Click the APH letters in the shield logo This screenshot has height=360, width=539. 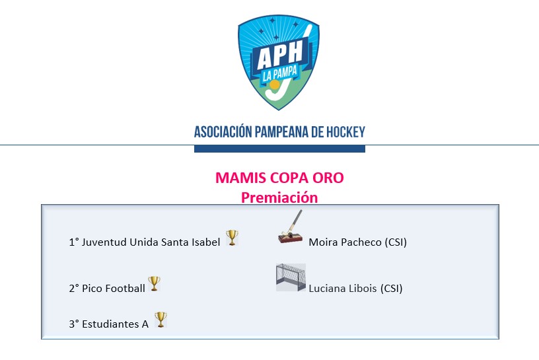pyautogui.click(x=280, y=55)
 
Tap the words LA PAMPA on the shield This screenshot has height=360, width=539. pyautogui.click(x=280, y=74)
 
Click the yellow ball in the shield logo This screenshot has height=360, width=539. pyautogui.click(x=274, y=85)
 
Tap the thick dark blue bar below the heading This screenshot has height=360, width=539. pyautogui.click(x=279, y=149)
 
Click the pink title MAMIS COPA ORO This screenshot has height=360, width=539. pyautogui.click(x=279, y=178)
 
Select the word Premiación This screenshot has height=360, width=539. pyautogui.click(x=279, y=198)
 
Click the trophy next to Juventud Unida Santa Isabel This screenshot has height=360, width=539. pyautogui.click(x=232, y=238)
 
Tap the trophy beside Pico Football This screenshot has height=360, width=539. pyautogui.click(x=154, y=283)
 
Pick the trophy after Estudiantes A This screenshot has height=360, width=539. pyautogui.click(x=161, y=320)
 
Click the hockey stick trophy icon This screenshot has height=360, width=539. pyautogui.click(x=291, y=227)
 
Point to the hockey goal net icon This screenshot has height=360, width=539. pyautogui.click(x=291, y=277)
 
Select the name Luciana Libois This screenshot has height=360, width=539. pyautogui.click(x=343, y=288)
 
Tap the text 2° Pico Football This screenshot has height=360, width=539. pyautogui.click(x=107, y=288)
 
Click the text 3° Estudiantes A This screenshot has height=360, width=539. pyautogui.click(x=108, y=324)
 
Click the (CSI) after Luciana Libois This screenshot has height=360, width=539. pyautogui.click(x=391, y=288)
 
